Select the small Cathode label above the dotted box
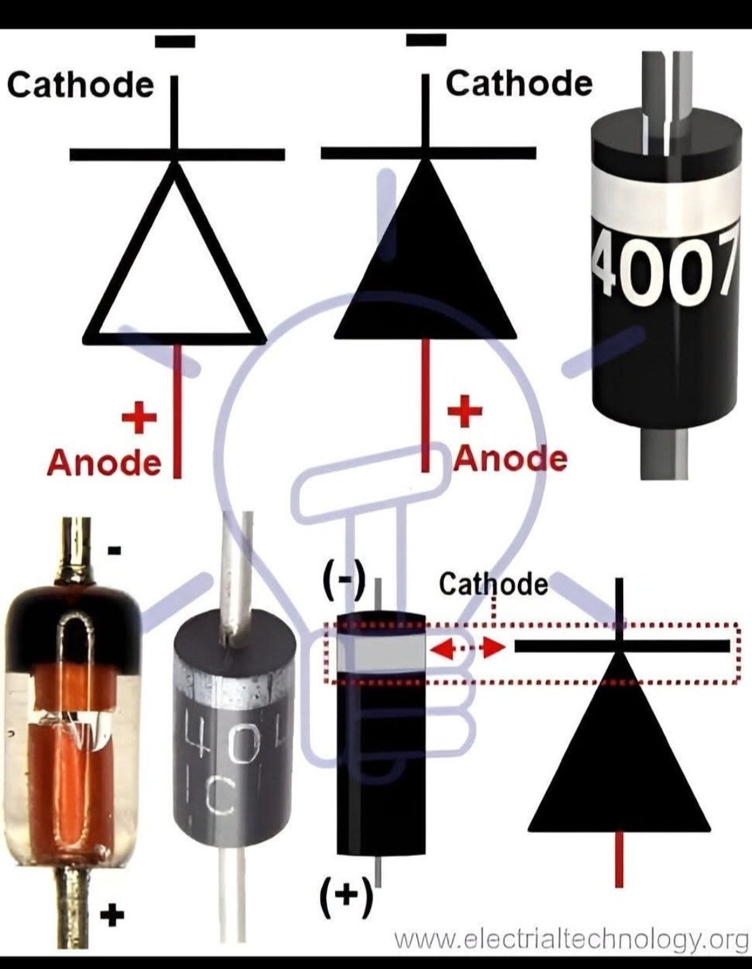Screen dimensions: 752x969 coord(493,584)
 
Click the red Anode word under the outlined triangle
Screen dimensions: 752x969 coord(104,463)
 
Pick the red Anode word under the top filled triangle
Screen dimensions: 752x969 coord(511,459)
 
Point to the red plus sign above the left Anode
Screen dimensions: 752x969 coord(139,418)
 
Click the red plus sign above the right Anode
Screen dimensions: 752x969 coord(465,411)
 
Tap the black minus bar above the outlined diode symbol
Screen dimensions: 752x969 coord(175,41)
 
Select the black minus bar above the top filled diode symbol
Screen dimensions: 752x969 coord(426,40)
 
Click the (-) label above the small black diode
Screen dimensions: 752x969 coord(344,582)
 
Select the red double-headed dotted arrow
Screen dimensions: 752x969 coord(466,648)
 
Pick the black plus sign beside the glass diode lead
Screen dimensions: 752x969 coord(112,903)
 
